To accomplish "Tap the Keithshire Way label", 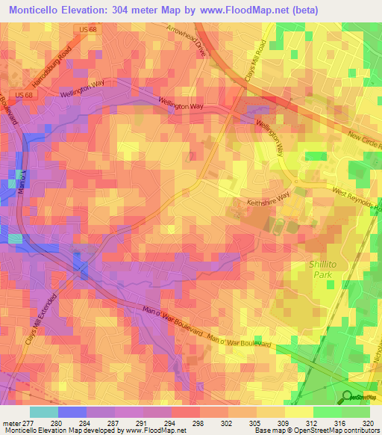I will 268,202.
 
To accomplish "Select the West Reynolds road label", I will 354,202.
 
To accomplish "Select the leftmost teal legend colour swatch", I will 44,412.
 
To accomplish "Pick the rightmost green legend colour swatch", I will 356,412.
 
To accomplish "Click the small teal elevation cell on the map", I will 15,238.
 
